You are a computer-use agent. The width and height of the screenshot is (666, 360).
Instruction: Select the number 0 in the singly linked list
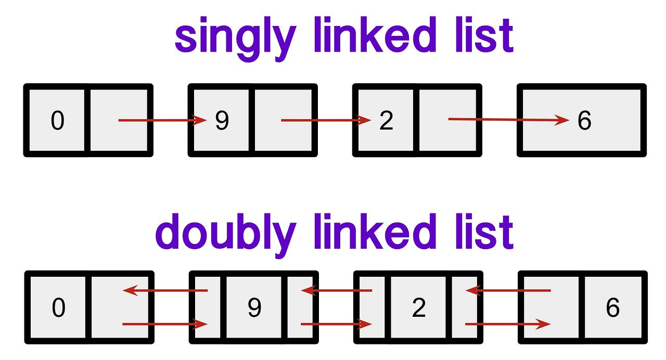coord(57,121)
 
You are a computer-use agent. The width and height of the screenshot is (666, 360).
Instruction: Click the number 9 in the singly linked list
coord(222,121)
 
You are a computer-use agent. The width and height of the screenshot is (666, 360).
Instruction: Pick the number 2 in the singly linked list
coord(386,121)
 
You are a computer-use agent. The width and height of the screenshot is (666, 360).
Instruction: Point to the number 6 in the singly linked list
coord(584,121)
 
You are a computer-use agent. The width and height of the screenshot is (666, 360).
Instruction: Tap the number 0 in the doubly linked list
coord(58,308)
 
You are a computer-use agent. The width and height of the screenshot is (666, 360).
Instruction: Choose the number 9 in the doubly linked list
coord(254,308)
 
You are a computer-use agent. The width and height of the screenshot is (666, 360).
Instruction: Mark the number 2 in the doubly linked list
coord(418,308)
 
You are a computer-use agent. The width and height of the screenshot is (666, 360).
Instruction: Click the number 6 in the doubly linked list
coord(613,308)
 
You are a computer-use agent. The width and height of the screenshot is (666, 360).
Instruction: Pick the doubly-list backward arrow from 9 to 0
coord(165,291)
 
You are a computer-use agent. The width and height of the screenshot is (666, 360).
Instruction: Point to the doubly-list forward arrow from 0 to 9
coord(165,325)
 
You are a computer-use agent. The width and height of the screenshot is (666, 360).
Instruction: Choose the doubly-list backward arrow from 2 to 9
coord(337,290)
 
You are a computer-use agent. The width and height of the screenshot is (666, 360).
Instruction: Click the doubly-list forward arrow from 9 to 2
coord(337,325)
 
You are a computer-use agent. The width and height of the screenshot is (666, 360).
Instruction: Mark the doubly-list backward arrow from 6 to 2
coord(508,290)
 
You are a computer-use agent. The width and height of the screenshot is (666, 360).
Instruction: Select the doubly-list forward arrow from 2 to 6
coord(508,325)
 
